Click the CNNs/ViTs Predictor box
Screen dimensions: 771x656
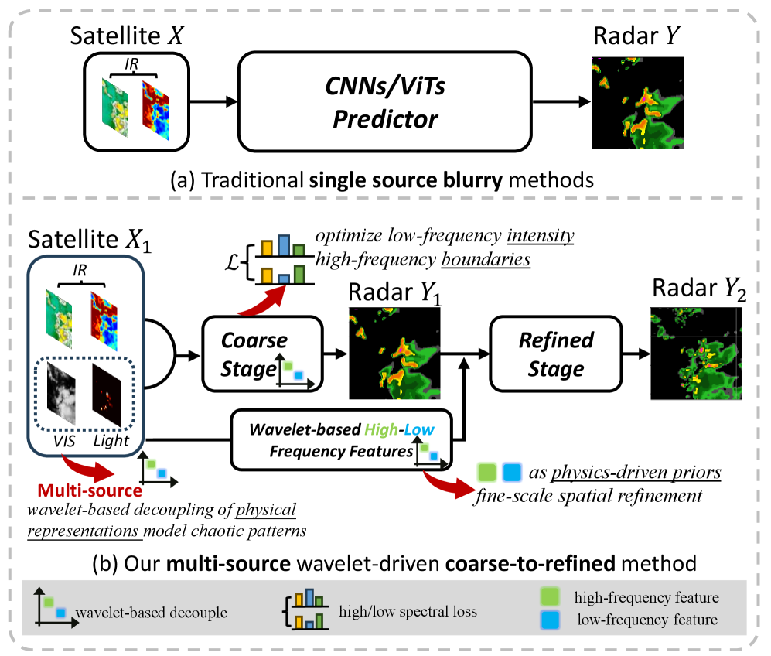385,101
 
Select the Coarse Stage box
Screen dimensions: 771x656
263,354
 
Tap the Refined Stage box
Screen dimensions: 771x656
556,354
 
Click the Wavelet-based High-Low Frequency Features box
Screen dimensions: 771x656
341,439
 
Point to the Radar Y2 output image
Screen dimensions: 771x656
696,353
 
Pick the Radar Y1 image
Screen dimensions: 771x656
394,353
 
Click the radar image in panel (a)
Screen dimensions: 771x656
638,103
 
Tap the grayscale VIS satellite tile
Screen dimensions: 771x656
61,392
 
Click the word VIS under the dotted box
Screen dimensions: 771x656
64,441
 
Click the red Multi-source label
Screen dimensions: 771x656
90,490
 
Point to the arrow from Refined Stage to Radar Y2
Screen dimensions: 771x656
636,354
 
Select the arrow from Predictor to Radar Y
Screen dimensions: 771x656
561,102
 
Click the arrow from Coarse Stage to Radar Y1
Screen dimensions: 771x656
336,354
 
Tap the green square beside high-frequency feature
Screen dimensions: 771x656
550,596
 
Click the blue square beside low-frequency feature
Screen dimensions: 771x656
550,620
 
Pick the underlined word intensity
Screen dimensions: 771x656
541,235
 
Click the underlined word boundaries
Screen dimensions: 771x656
486,259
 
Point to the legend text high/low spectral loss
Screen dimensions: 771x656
408,611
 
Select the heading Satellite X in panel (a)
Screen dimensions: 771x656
127,36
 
